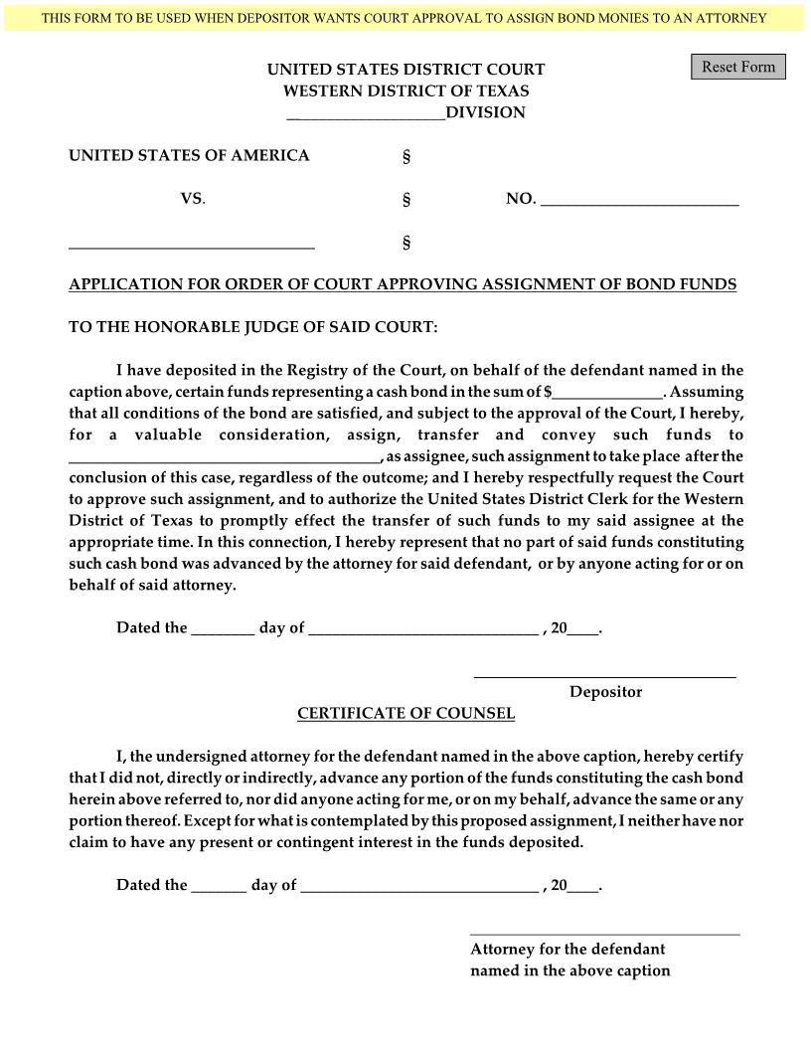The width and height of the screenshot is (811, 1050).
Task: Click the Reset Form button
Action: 737,67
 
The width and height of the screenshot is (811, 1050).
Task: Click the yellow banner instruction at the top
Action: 405,18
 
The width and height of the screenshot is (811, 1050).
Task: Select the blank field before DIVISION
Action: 366,113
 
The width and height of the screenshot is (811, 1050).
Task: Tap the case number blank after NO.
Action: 639,199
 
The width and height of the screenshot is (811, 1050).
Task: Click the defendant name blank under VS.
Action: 191,243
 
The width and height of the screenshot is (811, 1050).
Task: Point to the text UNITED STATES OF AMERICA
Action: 189,156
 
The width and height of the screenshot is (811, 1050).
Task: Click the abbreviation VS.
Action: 192,199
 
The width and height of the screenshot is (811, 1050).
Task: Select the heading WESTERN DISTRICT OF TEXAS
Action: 405,90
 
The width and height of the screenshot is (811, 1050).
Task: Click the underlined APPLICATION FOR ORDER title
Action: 403,284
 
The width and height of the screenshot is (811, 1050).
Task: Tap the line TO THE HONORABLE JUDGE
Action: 252,327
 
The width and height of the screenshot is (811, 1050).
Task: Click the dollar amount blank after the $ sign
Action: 608,392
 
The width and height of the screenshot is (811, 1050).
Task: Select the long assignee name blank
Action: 224,456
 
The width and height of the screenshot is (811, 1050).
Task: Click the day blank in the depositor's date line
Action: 223,628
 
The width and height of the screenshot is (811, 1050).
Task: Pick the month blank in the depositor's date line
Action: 423,628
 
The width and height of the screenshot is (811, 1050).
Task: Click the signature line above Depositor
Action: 604,675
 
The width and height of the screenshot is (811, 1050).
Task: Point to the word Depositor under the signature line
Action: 605,692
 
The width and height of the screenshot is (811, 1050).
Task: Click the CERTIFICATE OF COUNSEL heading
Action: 405,714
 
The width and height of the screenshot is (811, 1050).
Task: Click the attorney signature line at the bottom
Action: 604,933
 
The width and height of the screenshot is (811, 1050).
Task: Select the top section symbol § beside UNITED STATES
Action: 405,157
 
